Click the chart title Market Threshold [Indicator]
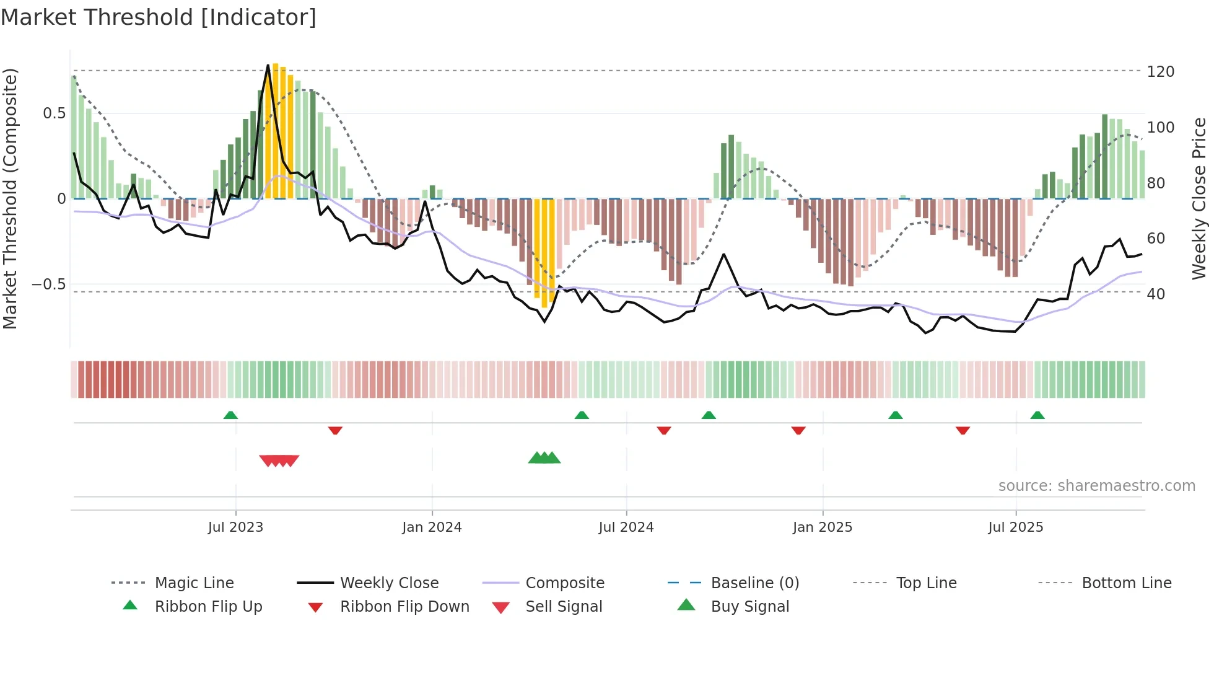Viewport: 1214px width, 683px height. [x=159, y=17]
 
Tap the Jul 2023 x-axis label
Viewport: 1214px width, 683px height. [x=235, y=527]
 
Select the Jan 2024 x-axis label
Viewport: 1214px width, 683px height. [x=432, y=527]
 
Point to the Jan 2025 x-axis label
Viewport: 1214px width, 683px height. [x=823, y=527]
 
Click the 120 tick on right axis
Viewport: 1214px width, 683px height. [x=1160, y=72]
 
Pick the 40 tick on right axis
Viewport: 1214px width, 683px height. [x=1156, y=294]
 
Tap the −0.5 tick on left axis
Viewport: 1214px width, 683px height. [x=48, y=284]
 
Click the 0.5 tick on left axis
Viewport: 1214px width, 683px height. [x=54, y=113]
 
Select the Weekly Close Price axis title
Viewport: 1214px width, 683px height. [x=1199, y=198]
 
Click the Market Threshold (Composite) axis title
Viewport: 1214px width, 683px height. [x=10, y=198]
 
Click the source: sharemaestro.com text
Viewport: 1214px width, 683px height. [x=1096, y=486]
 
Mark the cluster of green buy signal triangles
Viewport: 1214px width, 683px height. [x=544, y=458]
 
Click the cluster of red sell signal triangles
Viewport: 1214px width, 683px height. [x=279, y=460]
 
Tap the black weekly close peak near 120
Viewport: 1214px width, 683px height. [x=268, y=65]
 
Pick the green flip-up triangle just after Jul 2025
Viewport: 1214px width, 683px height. [x=1037, y=415]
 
